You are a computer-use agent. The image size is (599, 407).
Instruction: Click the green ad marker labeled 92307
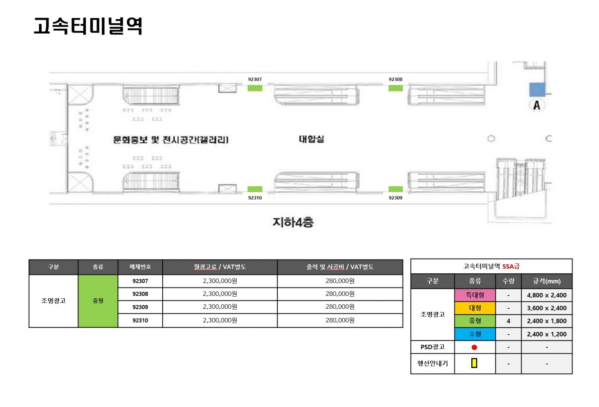(255, 88)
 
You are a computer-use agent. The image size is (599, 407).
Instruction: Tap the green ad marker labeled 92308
(396, 88)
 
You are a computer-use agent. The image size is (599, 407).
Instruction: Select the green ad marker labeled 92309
(396, 189)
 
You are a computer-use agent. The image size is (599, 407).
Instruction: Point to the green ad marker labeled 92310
(255, 189)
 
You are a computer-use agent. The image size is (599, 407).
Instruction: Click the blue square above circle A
(537, 89)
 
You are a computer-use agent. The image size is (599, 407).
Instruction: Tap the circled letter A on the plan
(537, 105)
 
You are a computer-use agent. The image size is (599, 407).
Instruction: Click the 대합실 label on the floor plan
(311, 139)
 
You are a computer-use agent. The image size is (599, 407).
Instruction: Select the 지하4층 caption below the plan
(293, 222)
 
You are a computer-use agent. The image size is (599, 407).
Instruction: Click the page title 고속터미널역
(88, 26)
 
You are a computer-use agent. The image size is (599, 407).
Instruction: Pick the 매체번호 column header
(140, 267)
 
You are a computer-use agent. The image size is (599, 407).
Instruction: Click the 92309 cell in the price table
(140, 307)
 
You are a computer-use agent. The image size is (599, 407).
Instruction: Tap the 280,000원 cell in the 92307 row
(340, 281)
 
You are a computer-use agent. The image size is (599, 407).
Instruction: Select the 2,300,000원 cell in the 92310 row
(220, 320)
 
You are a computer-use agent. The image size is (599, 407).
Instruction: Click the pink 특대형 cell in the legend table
(475, 295)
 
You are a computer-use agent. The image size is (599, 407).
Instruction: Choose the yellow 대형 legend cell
(475, 308)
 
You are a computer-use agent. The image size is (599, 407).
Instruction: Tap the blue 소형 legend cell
(475, 334)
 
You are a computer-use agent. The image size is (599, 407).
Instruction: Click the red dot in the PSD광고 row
(474, 347)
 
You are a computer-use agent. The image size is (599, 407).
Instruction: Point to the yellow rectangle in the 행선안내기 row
(474, 363)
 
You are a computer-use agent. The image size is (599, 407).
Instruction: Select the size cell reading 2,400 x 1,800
(547, 321)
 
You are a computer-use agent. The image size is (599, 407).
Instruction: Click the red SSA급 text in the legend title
(511, 266)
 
